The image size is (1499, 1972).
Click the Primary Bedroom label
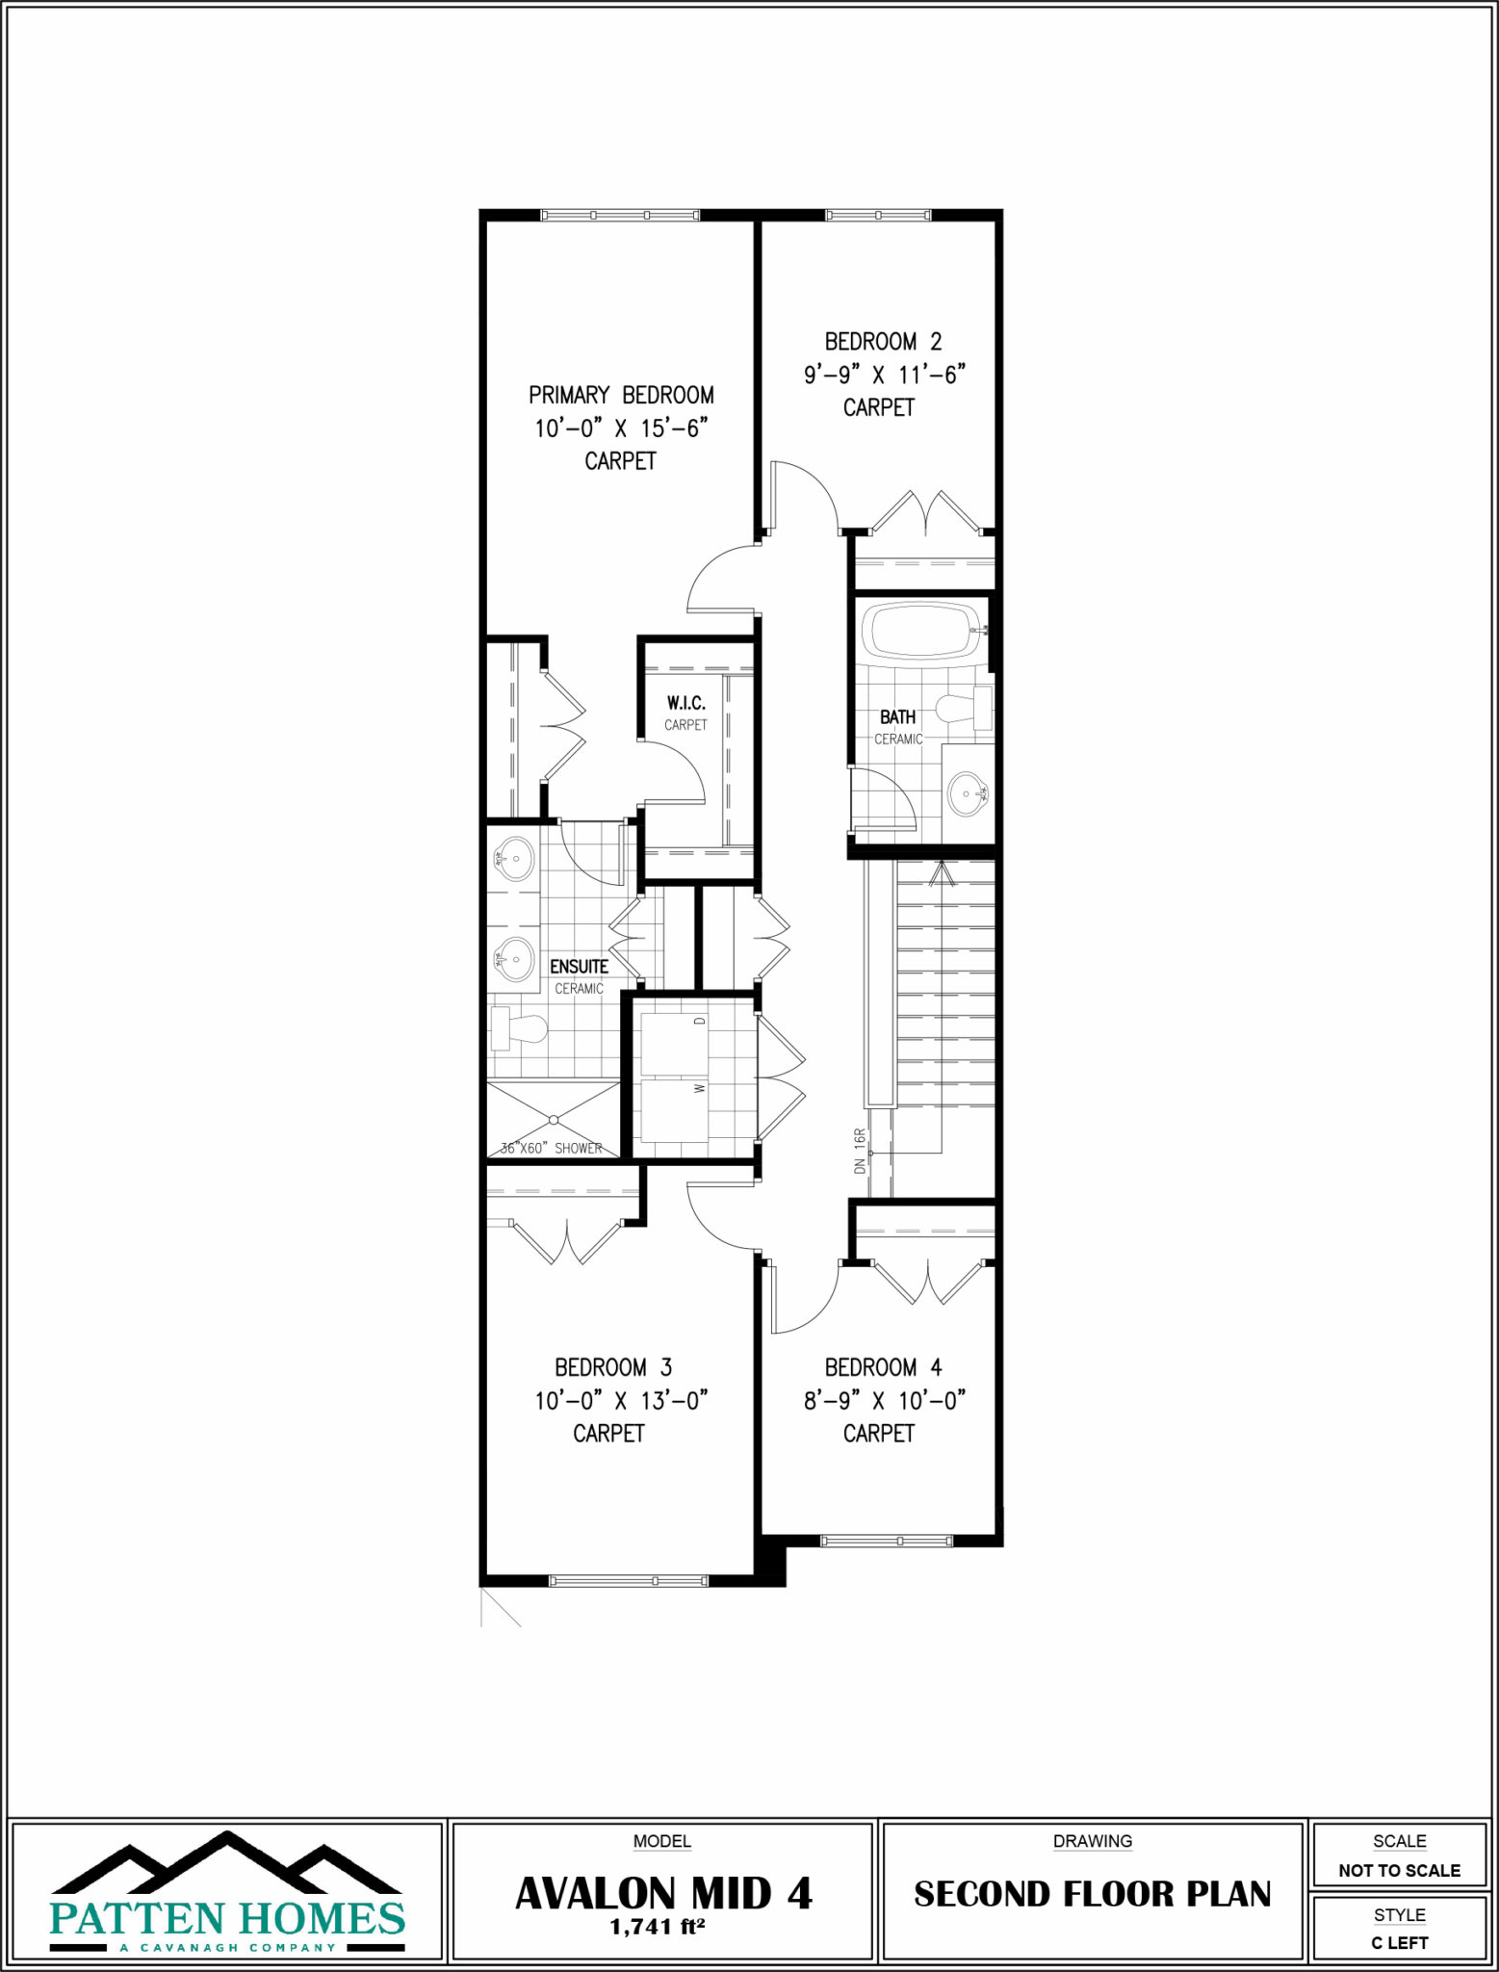(621, 395)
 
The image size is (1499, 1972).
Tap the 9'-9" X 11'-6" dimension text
(884, 375)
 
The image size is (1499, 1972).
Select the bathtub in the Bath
(921, 631)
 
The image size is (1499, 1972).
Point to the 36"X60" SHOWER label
(552, 1148)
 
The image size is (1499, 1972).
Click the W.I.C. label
(685, 704)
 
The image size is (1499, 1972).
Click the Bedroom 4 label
(883, 1367)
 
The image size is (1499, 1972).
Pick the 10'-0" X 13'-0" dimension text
(621, 1401)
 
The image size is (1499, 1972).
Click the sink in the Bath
(967, 793)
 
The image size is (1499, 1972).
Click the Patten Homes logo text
(227, 1919)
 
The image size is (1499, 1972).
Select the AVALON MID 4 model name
(663, 1894)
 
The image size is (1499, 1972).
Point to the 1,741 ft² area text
(657, 1928)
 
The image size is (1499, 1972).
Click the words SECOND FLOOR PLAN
(1092, 1894)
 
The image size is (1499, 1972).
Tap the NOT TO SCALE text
(1399, 1871)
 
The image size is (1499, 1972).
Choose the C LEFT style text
(1399, 1942)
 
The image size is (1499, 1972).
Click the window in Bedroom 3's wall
(628, 1581)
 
